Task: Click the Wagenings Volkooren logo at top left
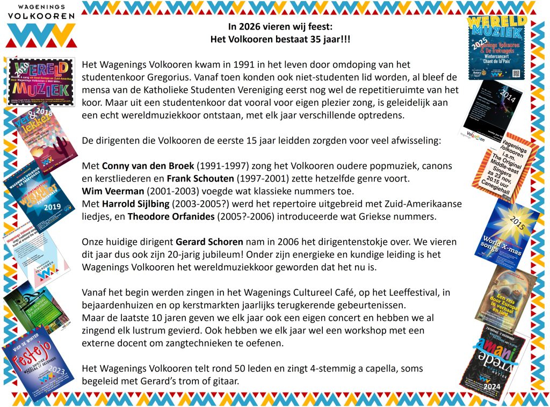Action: point(41,24)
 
